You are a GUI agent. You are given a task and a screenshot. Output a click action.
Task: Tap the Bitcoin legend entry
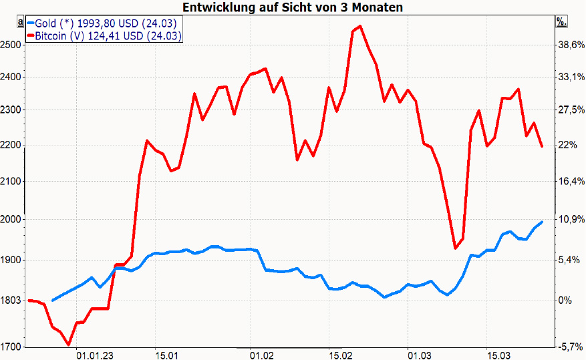pos(104,36)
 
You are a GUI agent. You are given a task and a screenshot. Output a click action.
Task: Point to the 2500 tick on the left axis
pos(11,45)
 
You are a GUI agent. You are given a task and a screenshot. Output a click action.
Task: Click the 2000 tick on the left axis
pos(11,219)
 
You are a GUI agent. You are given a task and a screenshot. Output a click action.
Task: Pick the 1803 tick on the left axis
pos(11,301)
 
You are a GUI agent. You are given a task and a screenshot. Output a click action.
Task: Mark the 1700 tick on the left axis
pos(11,347)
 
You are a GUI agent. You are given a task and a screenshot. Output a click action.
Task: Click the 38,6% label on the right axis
pos(571,45)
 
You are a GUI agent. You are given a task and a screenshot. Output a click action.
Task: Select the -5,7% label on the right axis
pos(571,347)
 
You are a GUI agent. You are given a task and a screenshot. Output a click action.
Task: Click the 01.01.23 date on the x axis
pos(94,354)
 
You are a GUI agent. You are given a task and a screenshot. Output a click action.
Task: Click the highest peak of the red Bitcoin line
pos(360,26)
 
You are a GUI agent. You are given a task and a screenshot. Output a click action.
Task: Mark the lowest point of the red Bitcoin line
pos(69,345)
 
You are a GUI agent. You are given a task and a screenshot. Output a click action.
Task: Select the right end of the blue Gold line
pos(542,222)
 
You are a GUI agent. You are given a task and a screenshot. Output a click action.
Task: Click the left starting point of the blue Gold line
pos(53,300)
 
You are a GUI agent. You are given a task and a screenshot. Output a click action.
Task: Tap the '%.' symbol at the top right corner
pos(561,21)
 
